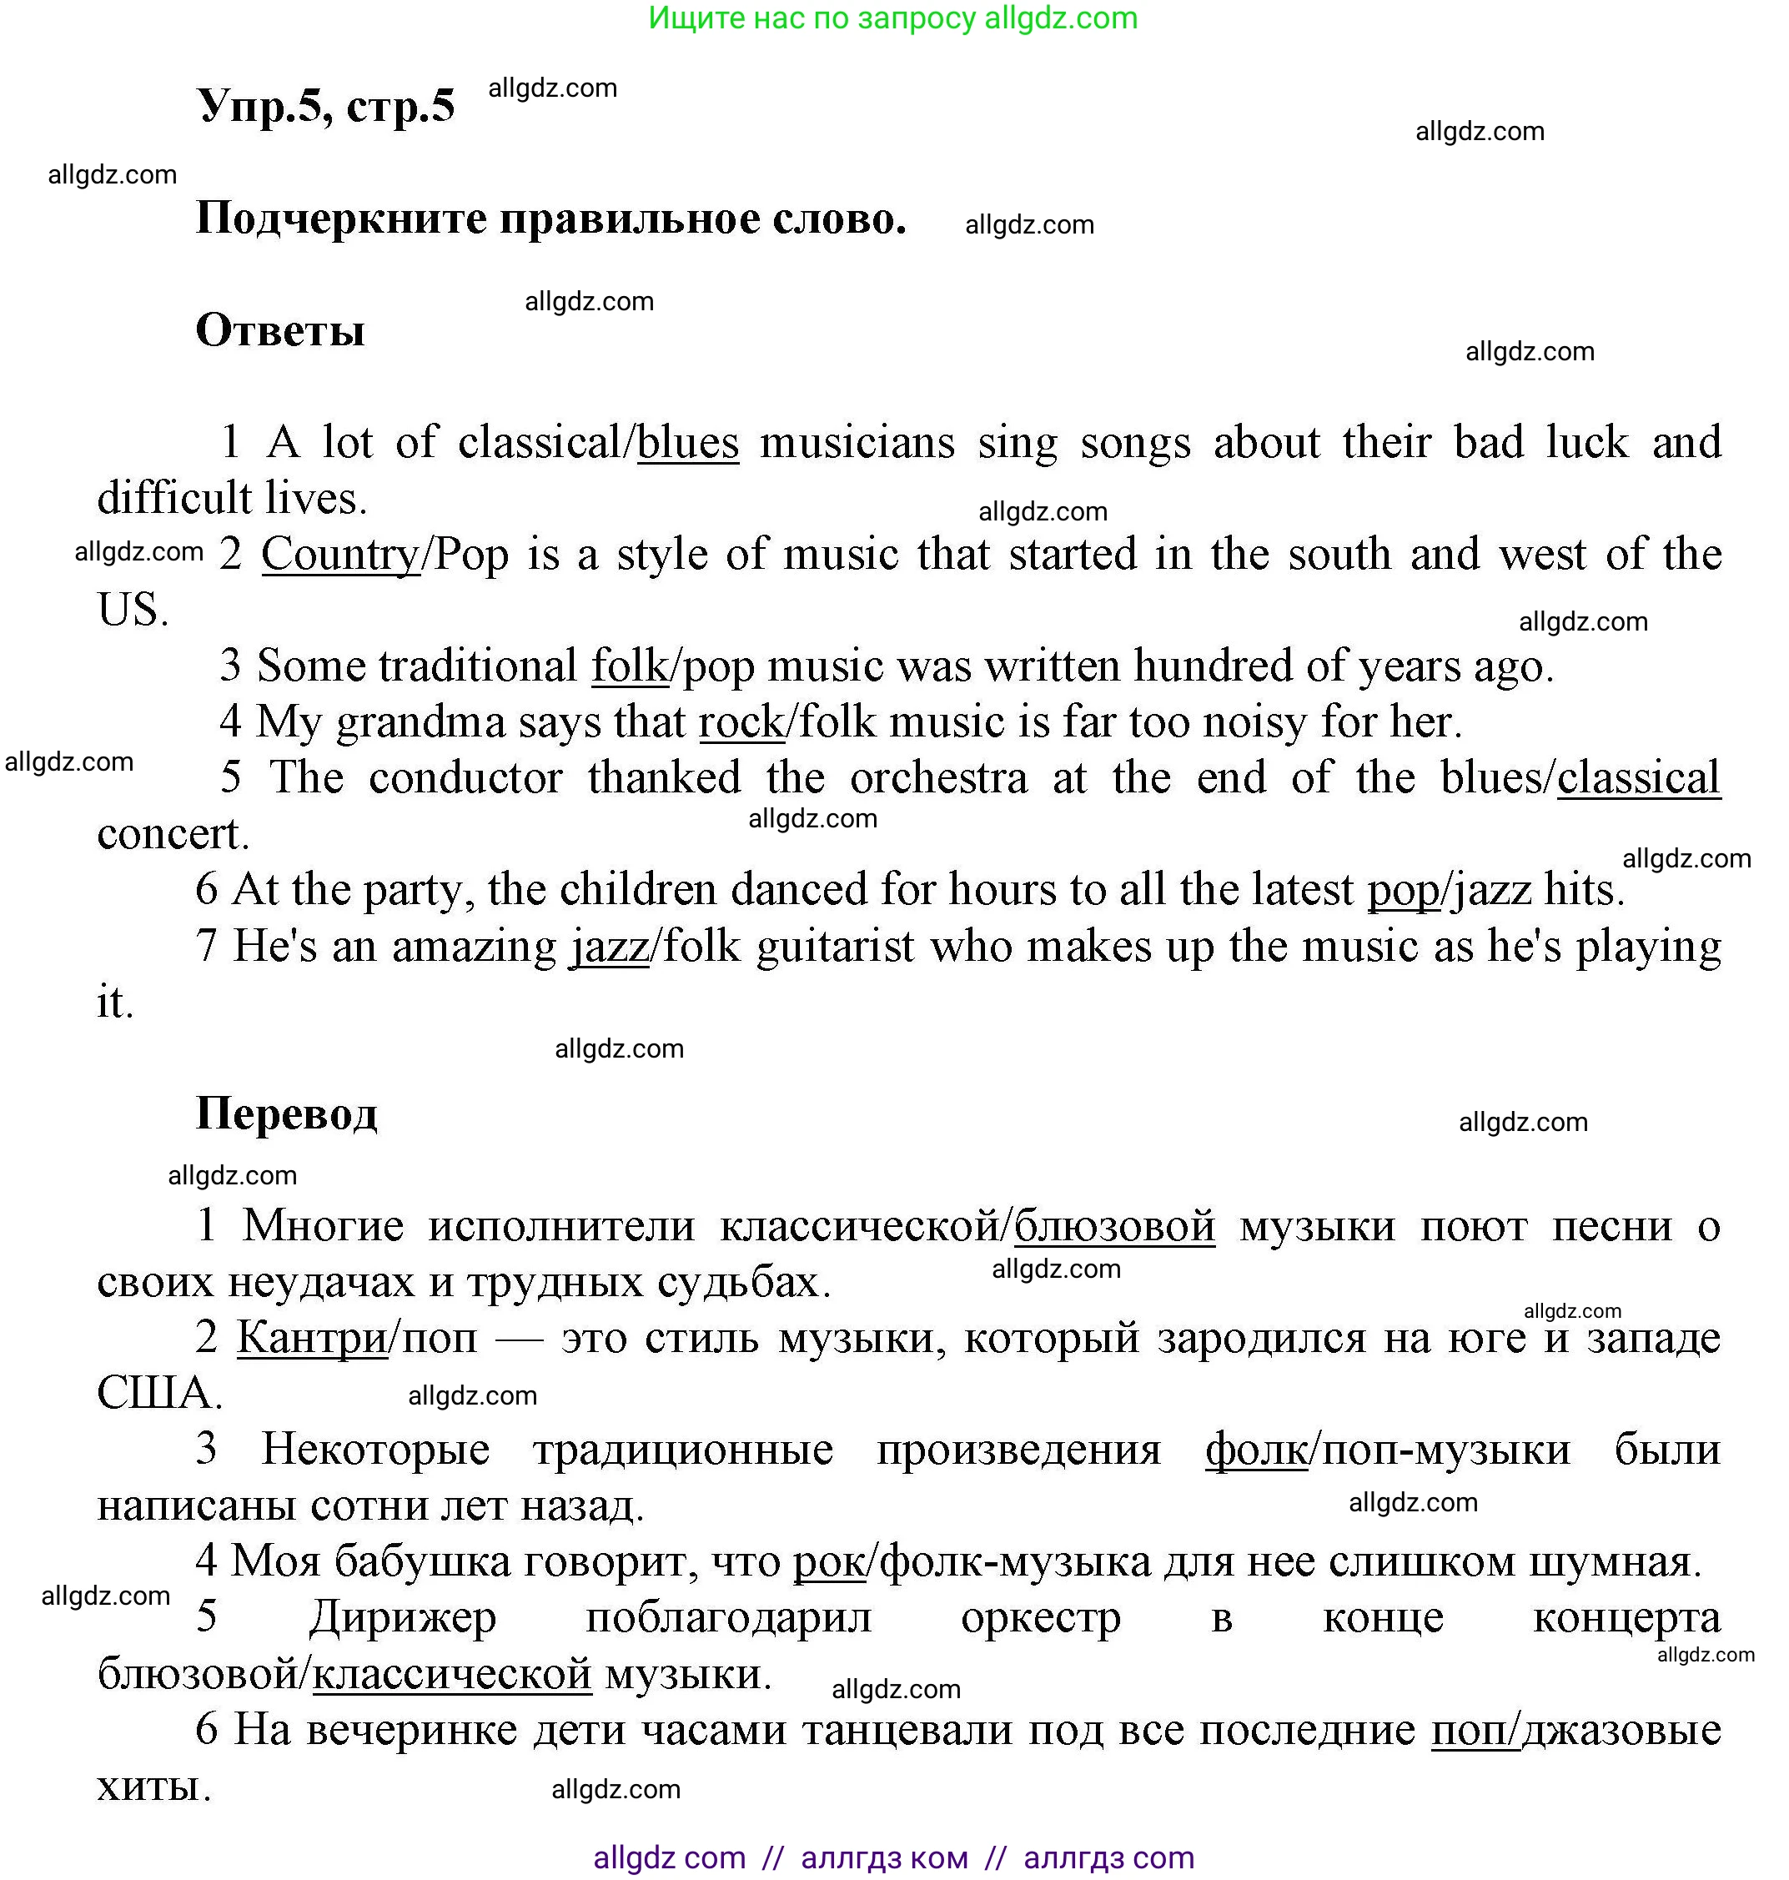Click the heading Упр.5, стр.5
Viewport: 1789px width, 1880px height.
tap(325, 106)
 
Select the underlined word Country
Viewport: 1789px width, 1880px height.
tap(339, 554)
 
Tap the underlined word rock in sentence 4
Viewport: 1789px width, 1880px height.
tap(741, 722)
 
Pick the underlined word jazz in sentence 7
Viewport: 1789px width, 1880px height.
tap(610, 946)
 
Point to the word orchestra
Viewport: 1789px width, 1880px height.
tap(938, 777)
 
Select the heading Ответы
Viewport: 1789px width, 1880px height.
tap(279, 331)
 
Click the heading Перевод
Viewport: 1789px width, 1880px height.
tap(286, 1113)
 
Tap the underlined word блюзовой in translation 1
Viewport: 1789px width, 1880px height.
tap(1113, 1226)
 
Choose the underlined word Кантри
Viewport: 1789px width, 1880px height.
tap(312, 1337)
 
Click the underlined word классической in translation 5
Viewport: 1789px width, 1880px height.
tap(452, 1673)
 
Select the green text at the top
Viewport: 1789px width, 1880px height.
tap(892, 18)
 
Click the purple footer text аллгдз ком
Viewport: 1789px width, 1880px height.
tap(884, 1857)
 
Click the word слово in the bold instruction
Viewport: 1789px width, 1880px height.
tap(838, 219)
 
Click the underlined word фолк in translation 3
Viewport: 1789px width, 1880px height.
tap(1256, 1450)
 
